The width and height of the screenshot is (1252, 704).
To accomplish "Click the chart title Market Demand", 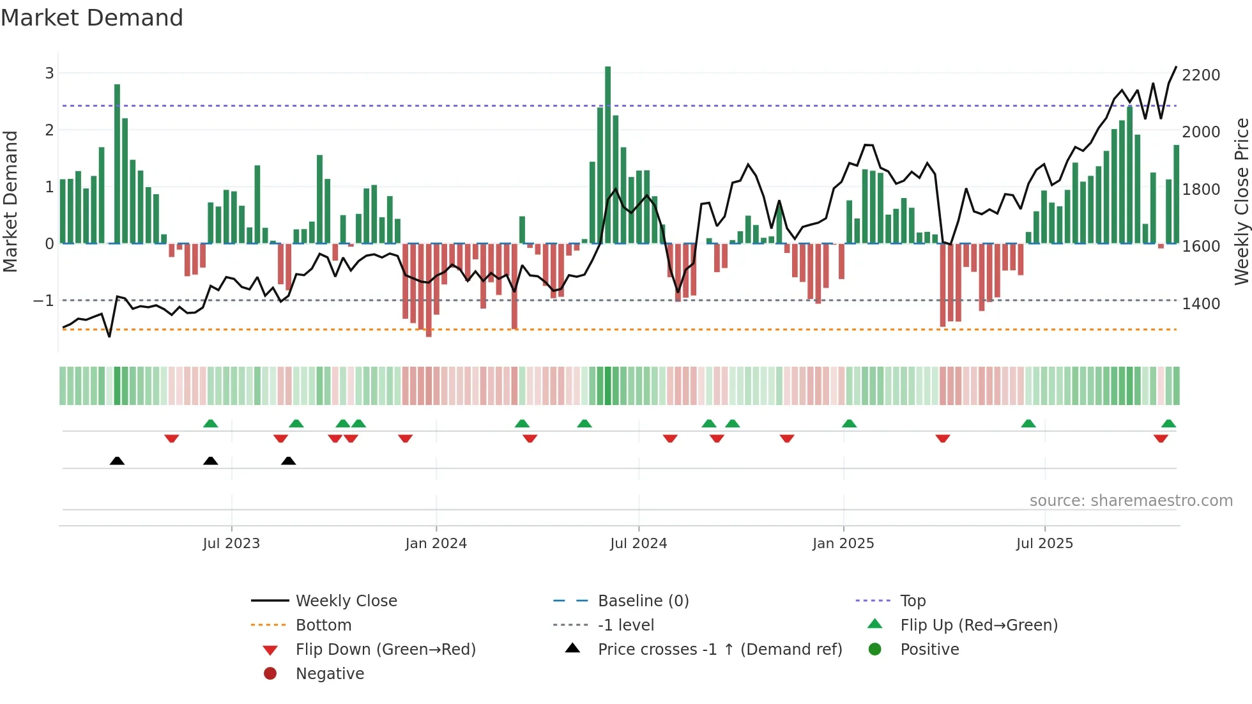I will click(x=92, y=18).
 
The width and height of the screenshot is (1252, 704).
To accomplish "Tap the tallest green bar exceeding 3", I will click(x=607, y=153).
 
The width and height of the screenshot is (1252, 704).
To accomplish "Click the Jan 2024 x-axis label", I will click(x=436, y=544).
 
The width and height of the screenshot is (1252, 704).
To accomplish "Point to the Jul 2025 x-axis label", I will click(x=1044, y=544).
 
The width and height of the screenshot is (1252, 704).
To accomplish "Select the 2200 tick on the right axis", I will click(x=1200, y=75).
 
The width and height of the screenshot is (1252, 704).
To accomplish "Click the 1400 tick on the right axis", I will click(x=1200, y=304).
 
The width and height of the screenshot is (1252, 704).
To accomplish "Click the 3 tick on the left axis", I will click(x=49, y=73).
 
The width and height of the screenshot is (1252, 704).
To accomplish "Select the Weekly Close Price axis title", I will click(x=1241, y=201).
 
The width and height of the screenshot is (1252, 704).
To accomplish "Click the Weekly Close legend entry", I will click(x=346, y=601).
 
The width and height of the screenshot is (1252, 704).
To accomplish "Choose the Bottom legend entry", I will click(x=323, y=625).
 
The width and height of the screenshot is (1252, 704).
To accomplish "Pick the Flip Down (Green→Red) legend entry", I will click(x=385, y=650).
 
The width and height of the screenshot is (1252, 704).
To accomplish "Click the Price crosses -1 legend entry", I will click(x=719, y=650).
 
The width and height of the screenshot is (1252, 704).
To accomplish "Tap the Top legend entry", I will click(x=912, y=601).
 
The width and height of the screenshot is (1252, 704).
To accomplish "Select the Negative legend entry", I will click(x=330, y=674).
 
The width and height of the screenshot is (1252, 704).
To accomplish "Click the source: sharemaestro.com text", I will click(x=1131, y=501).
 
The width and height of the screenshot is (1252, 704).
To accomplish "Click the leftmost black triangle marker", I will click(x=117, y=461).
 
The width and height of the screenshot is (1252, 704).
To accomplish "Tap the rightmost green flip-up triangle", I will click(x=1168, y=424).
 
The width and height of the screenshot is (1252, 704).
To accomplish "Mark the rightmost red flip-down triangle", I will click(x=1161, y=438).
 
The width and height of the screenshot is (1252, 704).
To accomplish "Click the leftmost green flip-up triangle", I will click(x=210, y=424).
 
